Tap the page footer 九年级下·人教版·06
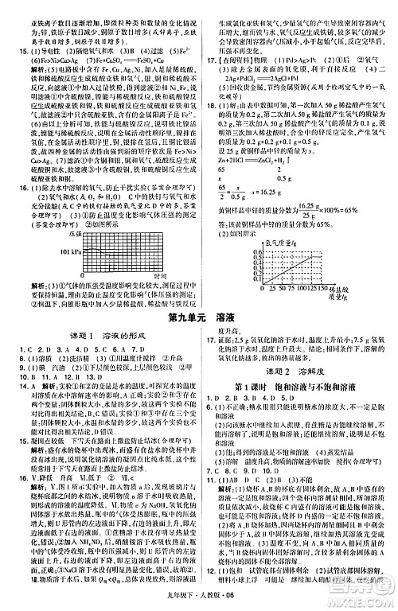click(x=199, y=601)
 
